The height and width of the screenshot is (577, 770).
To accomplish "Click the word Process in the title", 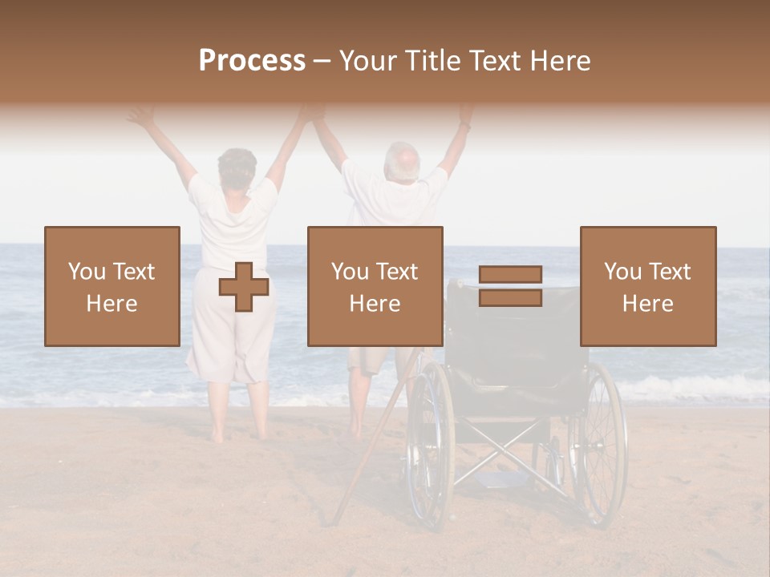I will pyautogui.click(x=252, y=61).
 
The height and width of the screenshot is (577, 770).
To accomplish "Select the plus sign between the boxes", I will pyautogui.click(x=244, y=287).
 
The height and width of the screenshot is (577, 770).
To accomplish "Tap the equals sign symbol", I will pyautogui.click(x=510, y=286).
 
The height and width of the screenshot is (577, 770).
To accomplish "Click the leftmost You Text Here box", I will pyautogui.click(x=111, y=286).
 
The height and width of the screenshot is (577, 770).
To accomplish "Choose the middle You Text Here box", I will pyautogui.click(x=375, y=286).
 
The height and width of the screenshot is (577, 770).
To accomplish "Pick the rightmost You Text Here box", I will pyautogui.click(x=647, y=286).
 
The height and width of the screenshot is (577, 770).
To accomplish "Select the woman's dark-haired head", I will pyautogui.click(x=237, y=167).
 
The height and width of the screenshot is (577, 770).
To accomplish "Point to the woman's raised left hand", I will pyautogui.click(x=141, y=117).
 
